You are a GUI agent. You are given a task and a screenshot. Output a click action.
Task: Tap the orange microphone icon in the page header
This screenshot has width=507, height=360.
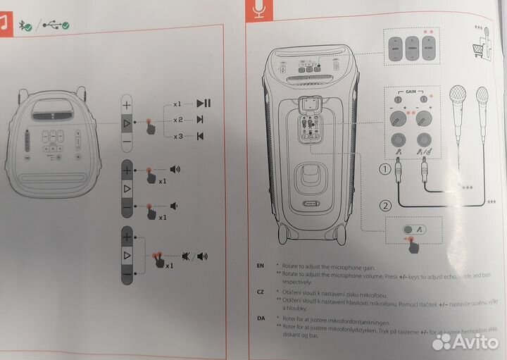point(258,10)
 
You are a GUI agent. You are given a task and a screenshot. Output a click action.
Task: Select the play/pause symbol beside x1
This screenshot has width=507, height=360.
point(204,104)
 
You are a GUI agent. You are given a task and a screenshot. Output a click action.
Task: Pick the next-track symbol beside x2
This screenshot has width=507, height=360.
point(201,120)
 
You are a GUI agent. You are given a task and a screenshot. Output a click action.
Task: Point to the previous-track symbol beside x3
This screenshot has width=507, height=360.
point(201,136)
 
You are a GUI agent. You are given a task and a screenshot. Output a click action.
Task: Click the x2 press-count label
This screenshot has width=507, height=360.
point(178,120)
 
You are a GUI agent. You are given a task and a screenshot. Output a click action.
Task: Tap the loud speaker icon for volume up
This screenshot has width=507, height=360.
point(175,169)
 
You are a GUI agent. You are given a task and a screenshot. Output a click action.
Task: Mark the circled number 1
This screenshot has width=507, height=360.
point(384,169)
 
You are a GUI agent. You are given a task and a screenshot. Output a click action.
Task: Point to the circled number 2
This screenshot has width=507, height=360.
point(384,206)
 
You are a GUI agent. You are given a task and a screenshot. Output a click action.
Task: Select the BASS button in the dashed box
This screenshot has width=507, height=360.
point(395,49)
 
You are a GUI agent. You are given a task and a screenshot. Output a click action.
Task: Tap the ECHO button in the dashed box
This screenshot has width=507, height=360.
point(429,49)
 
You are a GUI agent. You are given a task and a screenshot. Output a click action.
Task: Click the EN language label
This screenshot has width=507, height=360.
point(261,266)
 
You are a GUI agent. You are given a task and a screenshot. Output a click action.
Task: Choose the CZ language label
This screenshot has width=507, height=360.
point(261,291)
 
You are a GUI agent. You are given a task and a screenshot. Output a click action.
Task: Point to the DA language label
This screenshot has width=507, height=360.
point(261,318)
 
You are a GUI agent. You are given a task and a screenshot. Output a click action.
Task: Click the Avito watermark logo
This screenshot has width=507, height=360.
point(466,342)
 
